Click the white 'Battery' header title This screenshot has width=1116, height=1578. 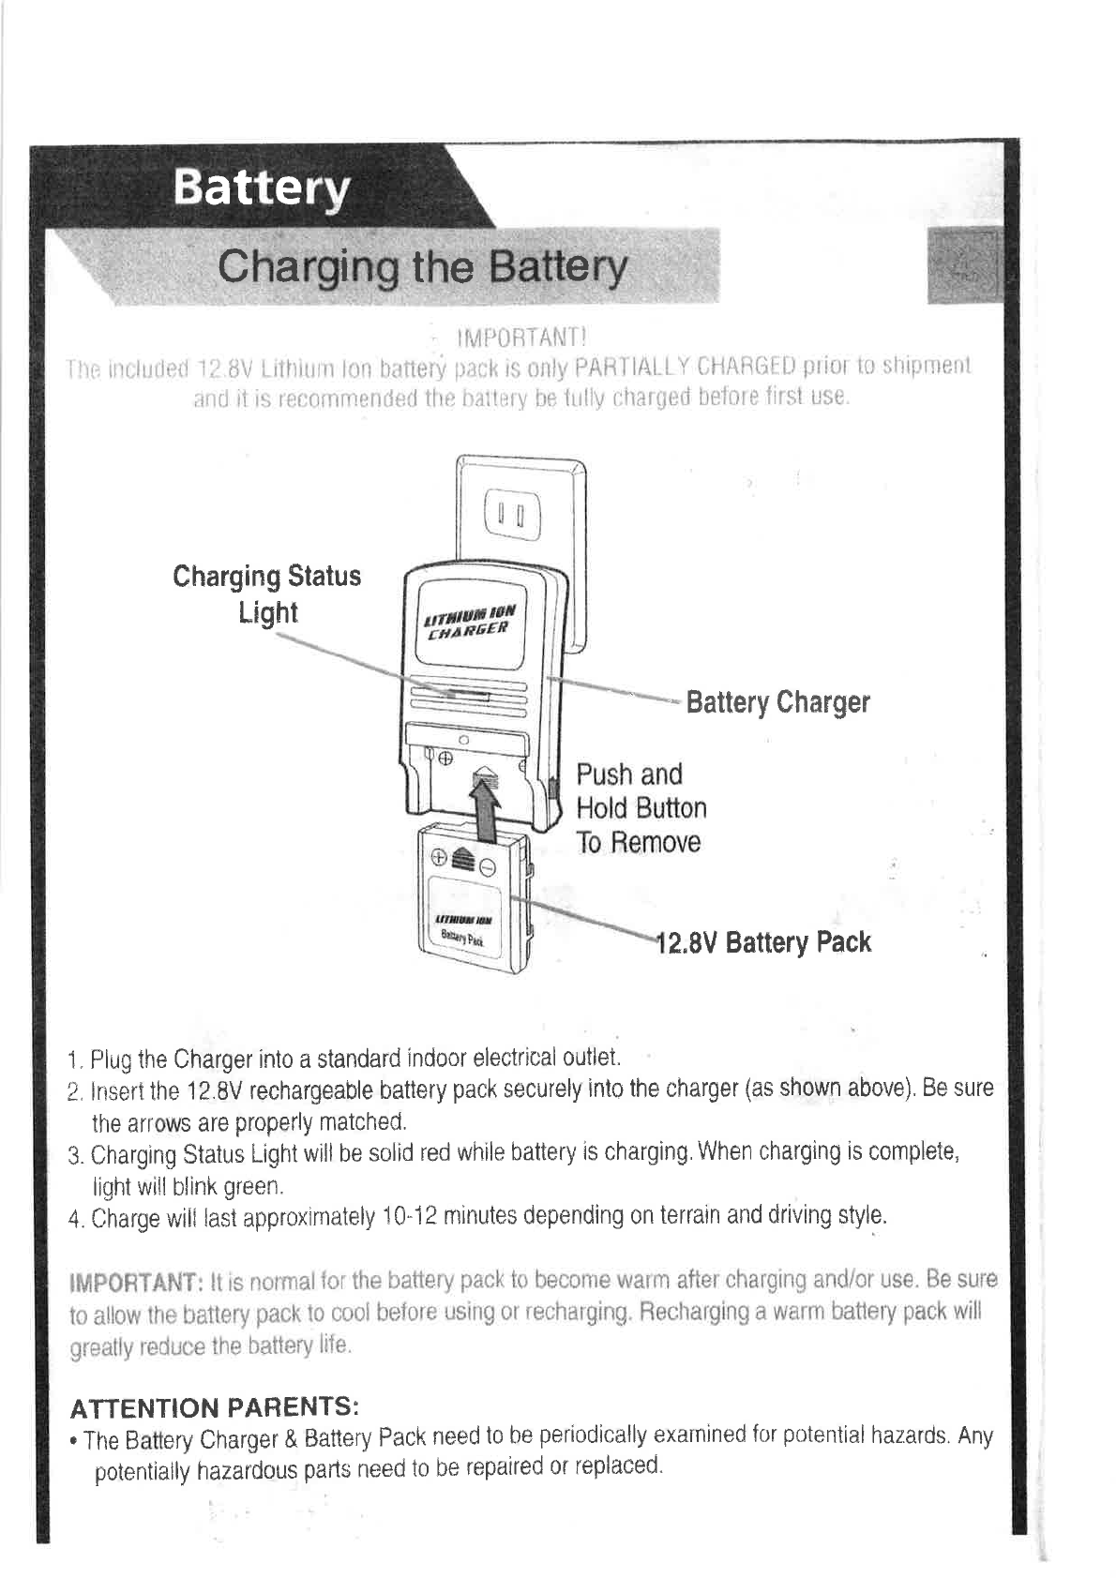261,190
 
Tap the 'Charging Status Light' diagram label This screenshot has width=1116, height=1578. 267,594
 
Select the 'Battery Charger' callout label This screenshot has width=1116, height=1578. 777,702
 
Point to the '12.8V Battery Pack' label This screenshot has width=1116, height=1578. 763,941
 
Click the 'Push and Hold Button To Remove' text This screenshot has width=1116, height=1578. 641,808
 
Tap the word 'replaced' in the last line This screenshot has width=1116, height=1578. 623,1465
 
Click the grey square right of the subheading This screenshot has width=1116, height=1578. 962,267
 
